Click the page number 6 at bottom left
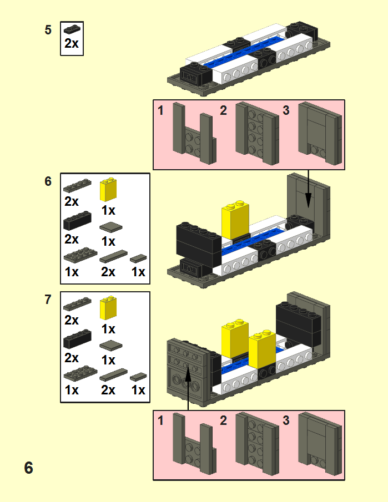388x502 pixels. point(28,468)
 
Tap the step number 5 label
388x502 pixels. point(48,30)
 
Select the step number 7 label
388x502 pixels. point(48,300)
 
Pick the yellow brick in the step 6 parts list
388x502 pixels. point(108,190)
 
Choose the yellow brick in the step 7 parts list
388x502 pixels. point(108,308)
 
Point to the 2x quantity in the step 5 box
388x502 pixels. point(72,44)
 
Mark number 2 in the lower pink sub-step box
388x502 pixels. point(223,421)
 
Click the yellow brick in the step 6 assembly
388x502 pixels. point(234,220)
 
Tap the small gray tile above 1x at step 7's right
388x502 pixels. point(138,377)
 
